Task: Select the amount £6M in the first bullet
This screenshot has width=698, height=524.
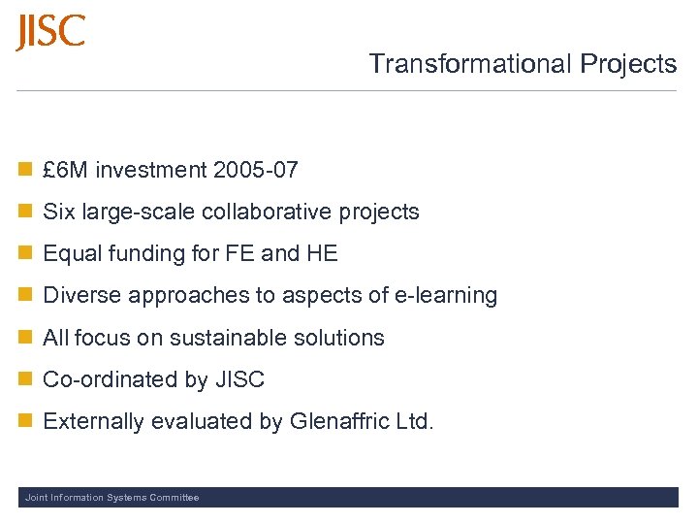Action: coord(66,171)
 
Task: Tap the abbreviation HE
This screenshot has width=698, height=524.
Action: coord(322,254)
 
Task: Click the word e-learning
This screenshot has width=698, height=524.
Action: coord(450,296)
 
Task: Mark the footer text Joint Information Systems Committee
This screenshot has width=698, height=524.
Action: coord(111,498)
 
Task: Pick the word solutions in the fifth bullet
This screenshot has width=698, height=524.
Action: coord(343,338)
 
